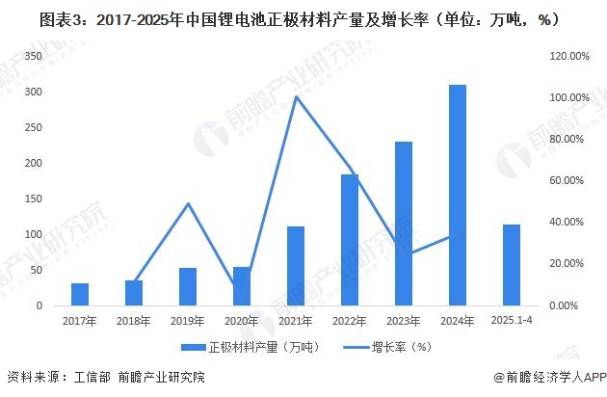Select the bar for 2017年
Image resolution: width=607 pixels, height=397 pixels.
pyautogui.click(x=80, y=294)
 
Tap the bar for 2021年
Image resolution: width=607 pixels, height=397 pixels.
pyautogui.click(x=296, y=266)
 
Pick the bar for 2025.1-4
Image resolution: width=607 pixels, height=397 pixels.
pyautogui.click(x=512, y=265)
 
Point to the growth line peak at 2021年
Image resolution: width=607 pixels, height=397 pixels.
pyautogui.click(x=296, y=96)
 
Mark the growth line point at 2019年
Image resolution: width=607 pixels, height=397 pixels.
pyautogui.click(x=188, y=203)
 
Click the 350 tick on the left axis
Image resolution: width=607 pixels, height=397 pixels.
pyautogui.click(x=34, y=57)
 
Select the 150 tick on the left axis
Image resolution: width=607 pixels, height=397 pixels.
pyautogui.click(x=34, y=199)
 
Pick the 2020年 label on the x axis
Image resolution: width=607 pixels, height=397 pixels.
pyautogui.click(x=242, y=321)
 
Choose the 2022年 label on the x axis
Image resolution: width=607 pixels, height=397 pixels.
pyautogui.click(x=350, y=321)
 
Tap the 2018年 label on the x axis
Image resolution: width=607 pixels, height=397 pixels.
pyautogui.click(x=134, y=321)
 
